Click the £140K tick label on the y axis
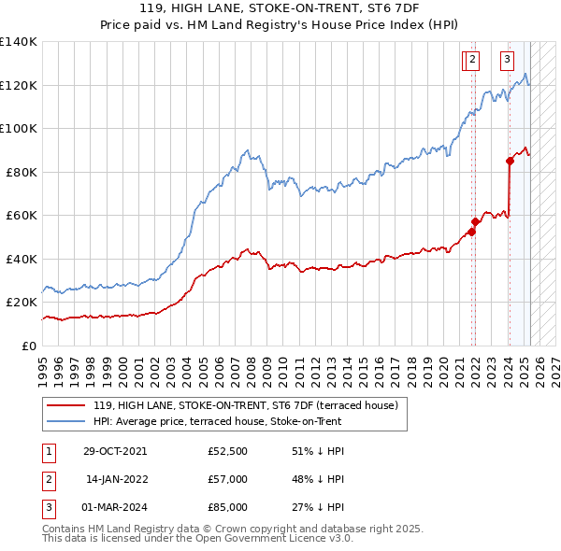[x=19, y=42]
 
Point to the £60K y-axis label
[x=22, y=215]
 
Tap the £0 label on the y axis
[x=29, y=346]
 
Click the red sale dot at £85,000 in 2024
[x=510, y=161]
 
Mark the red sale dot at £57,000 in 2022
[x=475, y=221]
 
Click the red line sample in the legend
[x=65, y=405]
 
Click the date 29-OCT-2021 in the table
[x=114, y=451]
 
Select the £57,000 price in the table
[x=228, y=479]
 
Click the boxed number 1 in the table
[x=48, y=451]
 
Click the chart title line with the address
[x=280, y=10]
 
